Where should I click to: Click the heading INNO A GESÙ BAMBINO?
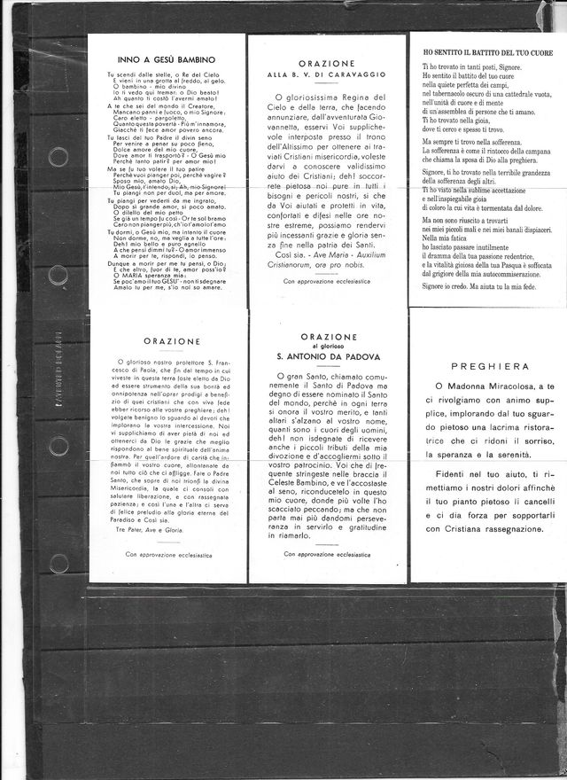167,59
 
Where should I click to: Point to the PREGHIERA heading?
489,366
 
